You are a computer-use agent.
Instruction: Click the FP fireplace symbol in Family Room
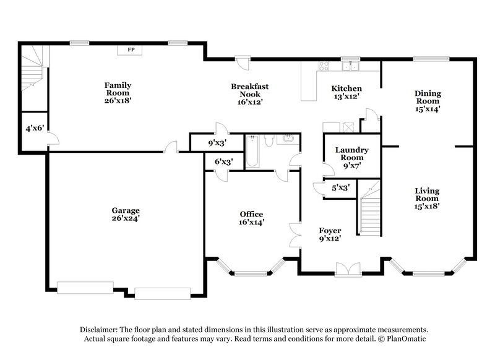[131, 49]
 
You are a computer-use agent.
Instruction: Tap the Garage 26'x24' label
[126, 214]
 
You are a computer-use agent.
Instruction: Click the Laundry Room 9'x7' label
[351, 157]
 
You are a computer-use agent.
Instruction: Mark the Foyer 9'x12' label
[329, 234]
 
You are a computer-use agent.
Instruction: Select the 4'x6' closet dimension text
[34, 129]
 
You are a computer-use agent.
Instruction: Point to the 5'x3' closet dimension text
[340, 187]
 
